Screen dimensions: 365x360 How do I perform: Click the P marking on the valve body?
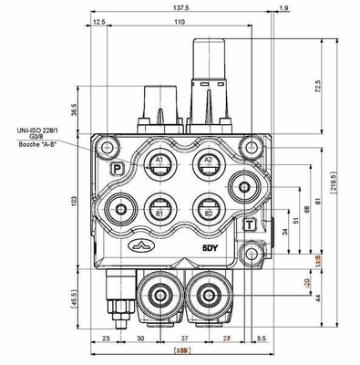[116, 168]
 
